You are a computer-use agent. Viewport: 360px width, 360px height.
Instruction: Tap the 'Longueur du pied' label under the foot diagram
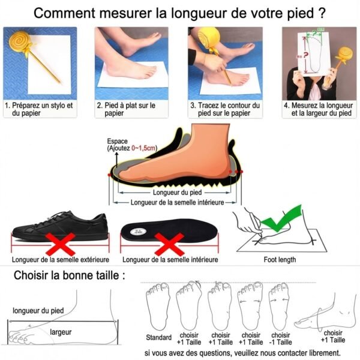177,193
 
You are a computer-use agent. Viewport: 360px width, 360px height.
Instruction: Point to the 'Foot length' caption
280,260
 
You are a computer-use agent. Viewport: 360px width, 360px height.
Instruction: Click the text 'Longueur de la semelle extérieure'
60,260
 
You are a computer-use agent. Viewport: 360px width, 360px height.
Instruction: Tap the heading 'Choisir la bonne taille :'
70,276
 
